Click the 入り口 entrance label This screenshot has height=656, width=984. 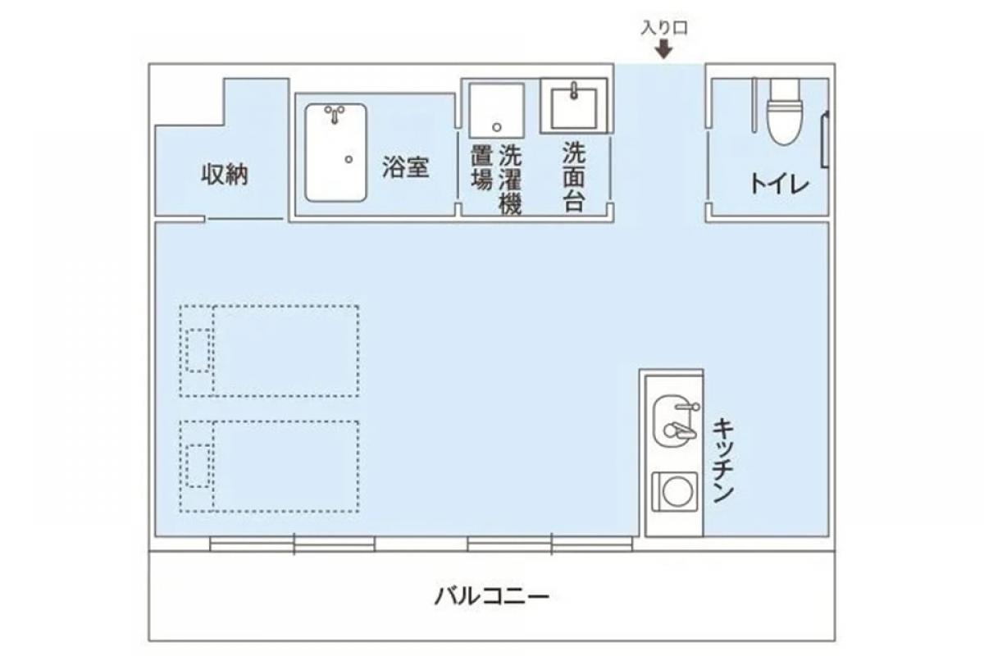click(x=663, y=28)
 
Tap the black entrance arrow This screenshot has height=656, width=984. click(x=663, y=50)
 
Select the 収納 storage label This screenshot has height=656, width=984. click(x=225, y=175)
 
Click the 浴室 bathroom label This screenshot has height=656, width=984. click(x=405, y=167)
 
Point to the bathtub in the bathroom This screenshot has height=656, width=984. click(x=335, y=153)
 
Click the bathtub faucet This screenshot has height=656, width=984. click(x=334, y=113)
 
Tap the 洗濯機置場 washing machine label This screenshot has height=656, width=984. click(x=496, y=180)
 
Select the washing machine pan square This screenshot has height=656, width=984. click(x=496, y=109)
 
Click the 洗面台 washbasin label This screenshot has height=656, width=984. click(x=573, y=176)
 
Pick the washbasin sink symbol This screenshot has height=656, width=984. click(x=574, y=104)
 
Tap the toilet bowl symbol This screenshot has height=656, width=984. click(x=784, y=112)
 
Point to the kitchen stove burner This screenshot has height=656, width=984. click(x=675, y=493)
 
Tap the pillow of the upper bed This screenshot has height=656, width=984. click(x=197, y=351)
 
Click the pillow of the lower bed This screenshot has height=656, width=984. click(x=197, y=466)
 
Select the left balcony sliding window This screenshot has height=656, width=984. click(x=293, y=543)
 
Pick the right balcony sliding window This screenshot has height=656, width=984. click(x=550, y=543)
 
